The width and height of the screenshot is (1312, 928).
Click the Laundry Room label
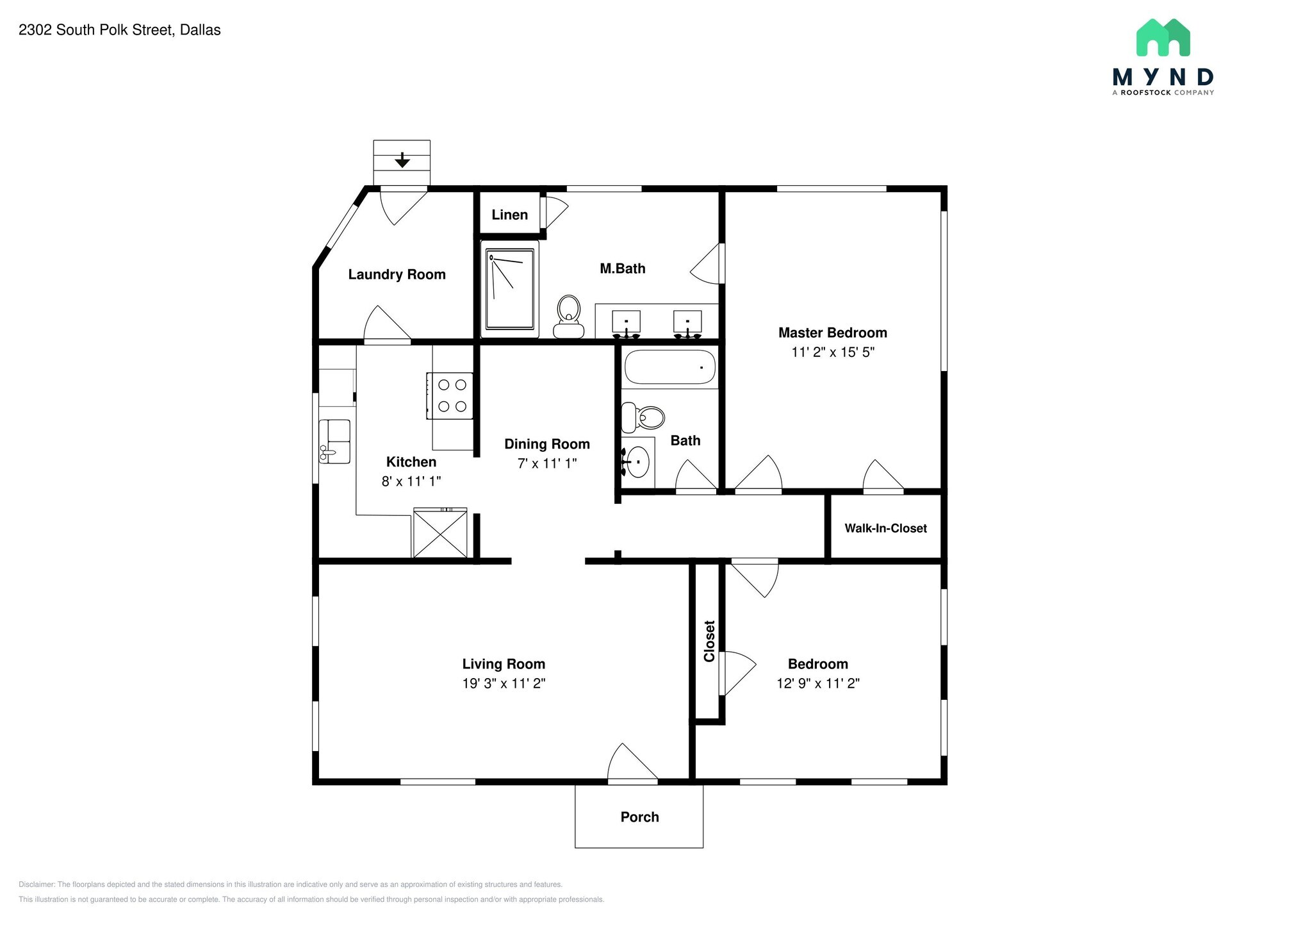pyautogui.click(x=397, y=274)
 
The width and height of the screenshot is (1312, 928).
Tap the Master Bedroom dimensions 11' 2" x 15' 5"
pyautogui.click(x=833, y=352)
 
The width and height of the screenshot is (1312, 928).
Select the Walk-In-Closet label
pyautogui.click(x=885, y=528)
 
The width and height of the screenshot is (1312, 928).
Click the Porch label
pyautogui.click(x=639, y=817)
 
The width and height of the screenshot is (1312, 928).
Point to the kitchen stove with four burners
pyautogui.click(x=450, y=396)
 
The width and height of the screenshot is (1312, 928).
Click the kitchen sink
pyautogui.click(x=334, y=441)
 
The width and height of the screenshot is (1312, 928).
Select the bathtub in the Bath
pyautogui.click(x=669, y=367)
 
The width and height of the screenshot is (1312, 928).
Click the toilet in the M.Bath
pyautogui.click(x=569, y=317)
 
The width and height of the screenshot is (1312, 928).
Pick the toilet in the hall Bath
pyautogui.click(x=643, y=418)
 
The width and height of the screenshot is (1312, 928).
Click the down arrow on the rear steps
pyautogui.click(x=402, y=160)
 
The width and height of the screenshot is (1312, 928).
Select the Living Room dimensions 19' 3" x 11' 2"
pyautogui.click(x=504, y=683)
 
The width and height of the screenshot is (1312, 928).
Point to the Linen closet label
pyautogui.click(x=510, y=215)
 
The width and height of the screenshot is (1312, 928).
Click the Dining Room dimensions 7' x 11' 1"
pyautogui.click(x=547, y=463)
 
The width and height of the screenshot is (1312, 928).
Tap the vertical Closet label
pyautogui.click(x=709, y=641)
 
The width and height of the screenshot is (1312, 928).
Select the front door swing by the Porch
pyautogui.click(x=632, y=763)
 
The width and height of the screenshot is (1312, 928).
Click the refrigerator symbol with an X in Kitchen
pyautogui.click(x=440, y=533)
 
